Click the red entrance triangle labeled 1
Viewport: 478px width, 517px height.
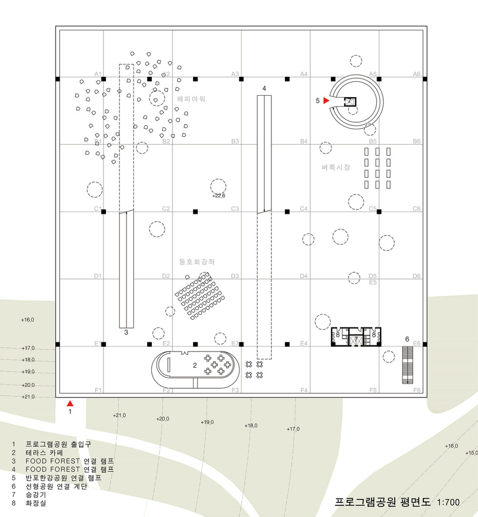pos(70,403)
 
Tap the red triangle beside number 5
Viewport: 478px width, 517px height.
pos(326,100)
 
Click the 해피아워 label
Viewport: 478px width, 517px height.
pos(191,99)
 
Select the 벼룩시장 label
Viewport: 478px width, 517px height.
pos(336,167)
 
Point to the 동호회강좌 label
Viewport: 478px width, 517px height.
pos(197,262)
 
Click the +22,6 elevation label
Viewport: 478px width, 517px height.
pos(219,196)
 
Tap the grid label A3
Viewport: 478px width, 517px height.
pos(235,74)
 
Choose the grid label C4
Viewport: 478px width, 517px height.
pos(304,209)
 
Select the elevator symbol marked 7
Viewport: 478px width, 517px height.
pos(356,340)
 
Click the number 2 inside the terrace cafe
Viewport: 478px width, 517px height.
pos(194,364)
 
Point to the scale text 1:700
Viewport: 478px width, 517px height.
pos(449,502)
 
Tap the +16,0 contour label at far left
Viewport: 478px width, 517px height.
pos(28,320)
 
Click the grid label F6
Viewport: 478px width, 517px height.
pos(417,390)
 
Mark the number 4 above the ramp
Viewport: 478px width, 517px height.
pos(264,88)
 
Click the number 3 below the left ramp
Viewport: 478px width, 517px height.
pos(126,333)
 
